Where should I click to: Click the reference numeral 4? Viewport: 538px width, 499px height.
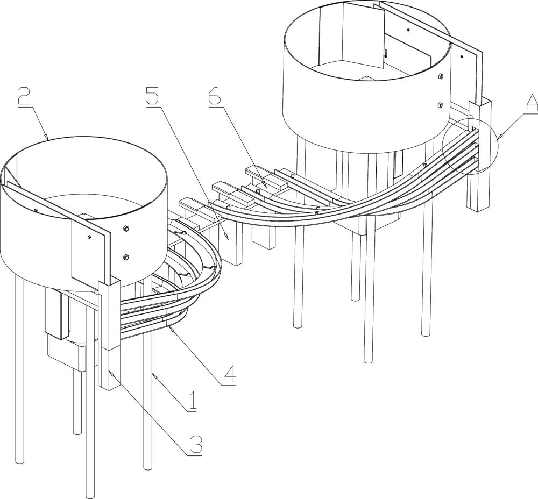coord(229,374)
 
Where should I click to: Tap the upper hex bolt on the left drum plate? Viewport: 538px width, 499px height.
coord(125,230)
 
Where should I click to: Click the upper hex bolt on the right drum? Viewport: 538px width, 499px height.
coord(441,77)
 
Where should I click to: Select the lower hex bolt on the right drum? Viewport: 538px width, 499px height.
coord(440,105)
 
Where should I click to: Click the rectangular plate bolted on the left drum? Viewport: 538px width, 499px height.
coord(90,253)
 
